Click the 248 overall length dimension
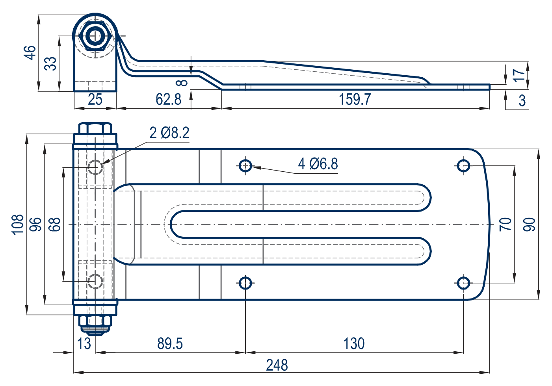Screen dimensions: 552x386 click(x=277, y=365)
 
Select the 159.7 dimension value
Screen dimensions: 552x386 click(x=355, y=99)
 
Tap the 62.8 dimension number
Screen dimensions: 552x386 click(x=168, y=99)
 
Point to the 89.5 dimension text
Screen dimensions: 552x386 click(x=170, y=343)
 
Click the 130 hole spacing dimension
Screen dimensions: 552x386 click(x=354, y=343)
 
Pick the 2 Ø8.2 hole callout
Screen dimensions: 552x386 click(x=169, y=133)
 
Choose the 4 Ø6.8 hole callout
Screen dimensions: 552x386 click(x=318, y=163)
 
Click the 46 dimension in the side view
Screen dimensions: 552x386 click(x=30, y=52)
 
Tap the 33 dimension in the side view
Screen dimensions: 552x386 click(x=50, y=63)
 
